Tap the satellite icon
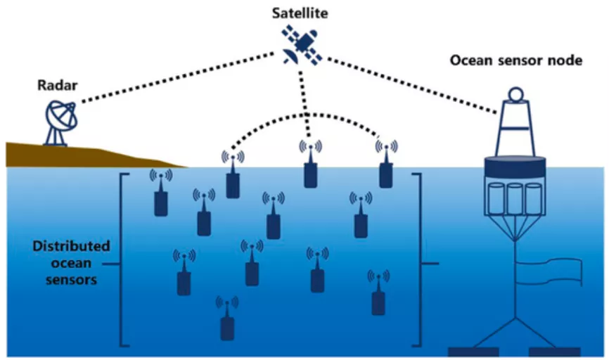(x=303, y=46)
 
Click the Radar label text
(x=56, y=86)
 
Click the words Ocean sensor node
(x=515, y=60)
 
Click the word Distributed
(x=71, y=246)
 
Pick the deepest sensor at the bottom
(x=227, y=326)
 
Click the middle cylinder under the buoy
(x=515, y=200)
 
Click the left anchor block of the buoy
(x=473, y=351)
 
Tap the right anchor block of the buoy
(x=555, y=351)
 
